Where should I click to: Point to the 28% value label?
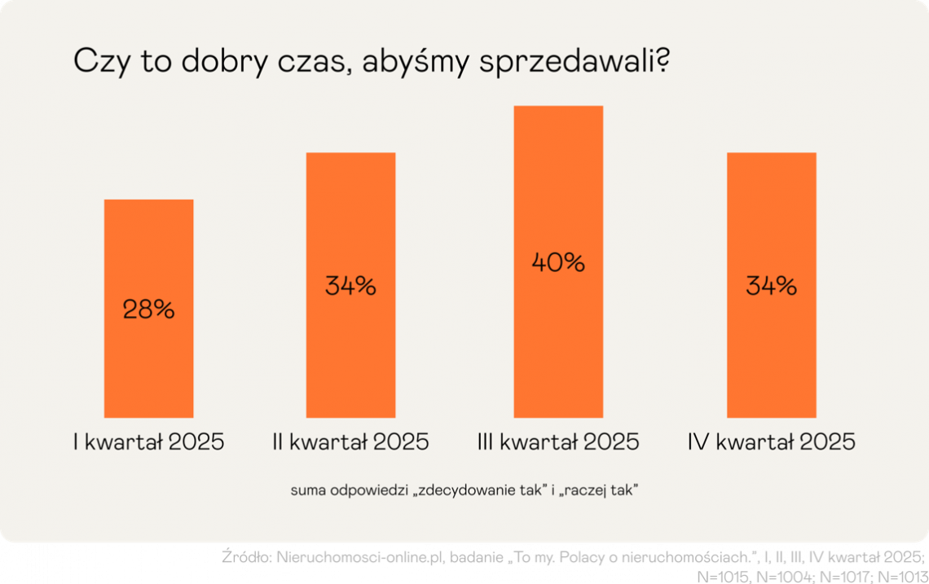coord(148,310)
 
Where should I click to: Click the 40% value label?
coord(558,263)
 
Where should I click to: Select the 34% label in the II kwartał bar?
coord(350,287)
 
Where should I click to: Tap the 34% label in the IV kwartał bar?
coord(771,287)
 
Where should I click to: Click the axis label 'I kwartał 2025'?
coord(148,442)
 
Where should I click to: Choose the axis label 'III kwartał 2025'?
coord(558,442)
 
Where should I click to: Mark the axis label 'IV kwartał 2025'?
coord(771,442)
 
